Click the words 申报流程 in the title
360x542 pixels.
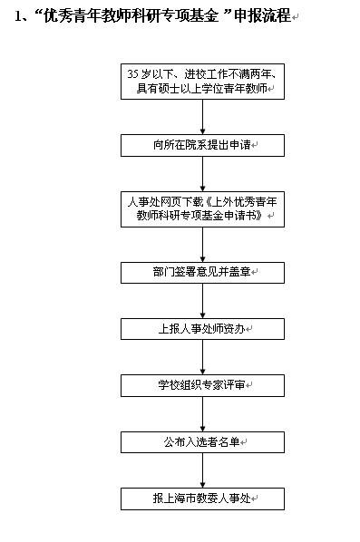tap(263, 17)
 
